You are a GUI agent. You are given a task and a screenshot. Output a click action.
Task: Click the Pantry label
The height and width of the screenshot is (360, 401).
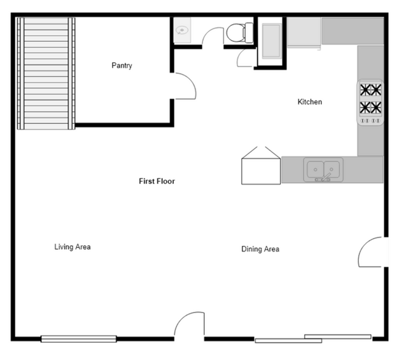coord(122,65)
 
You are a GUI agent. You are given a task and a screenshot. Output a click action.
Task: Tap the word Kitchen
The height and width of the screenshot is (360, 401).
coord(310,102)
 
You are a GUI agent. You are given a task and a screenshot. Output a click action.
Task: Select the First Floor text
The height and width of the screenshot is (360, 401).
coord(157,181)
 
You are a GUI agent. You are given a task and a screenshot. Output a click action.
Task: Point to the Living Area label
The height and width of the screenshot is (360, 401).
coord(73,247)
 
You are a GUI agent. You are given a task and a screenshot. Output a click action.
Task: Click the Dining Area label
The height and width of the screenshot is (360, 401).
coord(260,249)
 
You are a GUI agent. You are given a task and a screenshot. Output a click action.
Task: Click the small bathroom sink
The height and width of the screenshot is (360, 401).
coord(183,30)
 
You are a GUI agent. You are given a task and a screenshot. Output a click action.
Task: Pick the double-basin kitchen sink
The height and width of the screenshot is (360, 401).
coord(323,168)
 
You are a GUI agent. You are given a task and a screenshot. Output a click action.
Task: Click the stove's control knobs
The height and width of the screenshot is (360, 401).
coord(370,120)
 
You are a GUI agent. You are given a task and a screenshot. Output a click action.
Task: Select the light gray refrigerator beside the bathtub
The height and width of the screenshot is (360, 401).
coord(304,31)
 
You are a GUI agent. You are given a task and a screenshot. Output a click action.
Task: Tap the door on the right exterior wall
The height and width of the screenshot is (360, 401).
coord(372,253)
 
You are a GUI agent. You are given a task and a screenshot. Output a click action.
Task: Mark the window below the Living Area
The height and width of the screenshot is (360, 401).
coord(78,338)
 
